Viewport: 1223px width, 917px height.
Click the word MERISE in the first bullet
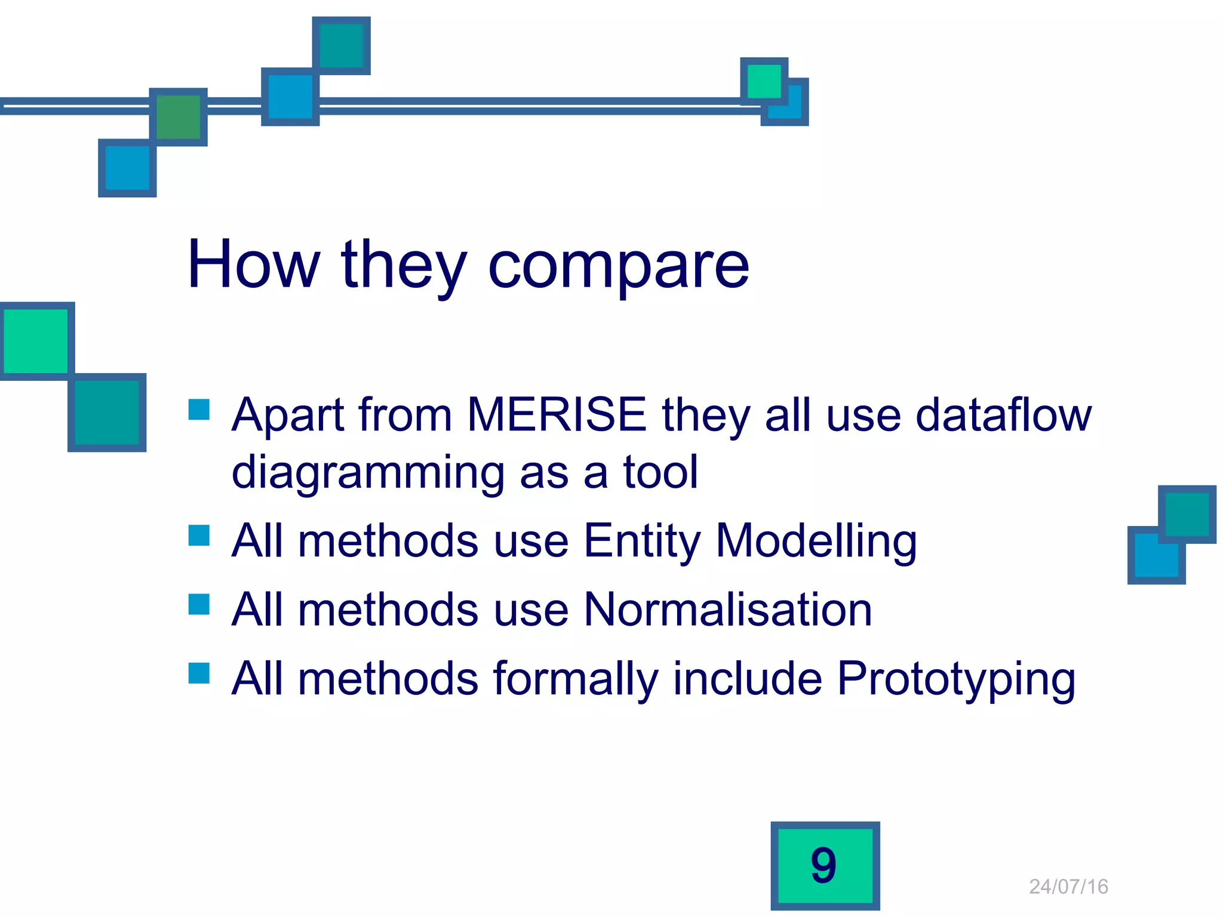pos(557,414)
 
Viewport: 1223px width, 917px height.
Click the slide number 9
pos(824,866)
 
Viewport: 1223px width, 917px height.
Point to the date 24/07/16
pos(1068,887)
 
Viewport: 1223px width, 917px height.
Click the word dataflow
pos(1003,414)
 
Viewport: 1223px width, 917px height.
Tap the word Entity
pos(642,540)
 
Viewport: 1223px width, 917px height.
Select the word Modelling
pos(816,540)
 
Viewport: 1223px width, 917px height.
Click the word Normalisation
pos(728,610)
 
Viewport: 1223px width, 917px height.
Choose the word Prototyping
pos(955,679)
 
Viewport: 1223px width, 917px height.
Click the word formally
pos(576,679)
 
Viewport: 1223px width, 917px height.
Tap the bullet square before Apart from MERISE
pos(199,410)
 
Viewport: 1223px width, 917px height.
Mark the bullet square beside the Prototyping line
pos(199,673)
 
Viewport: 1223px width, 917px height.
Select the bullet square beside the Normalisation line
pos(199,604)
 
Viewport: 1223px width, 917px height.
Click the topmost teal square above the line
pos(342,45)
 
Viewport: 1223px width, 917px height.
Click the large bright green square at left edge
pos(36,341)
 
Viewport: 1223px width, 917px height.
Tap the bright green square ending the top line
pos(764,81)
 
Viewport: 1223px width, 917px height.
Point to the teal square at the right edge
pos(1187,514)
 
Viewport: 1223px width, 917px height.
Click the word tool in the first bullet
pos(660,472)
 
